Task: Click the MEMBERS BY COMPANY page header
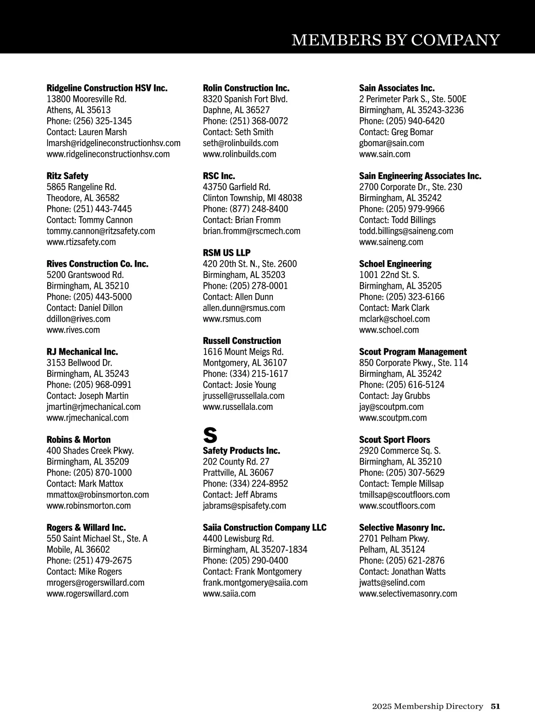395,40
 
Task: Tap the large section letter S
210,434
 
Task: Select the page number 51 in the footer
495,706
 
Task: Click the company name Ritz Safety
67,176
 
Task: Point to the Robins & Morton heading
78,440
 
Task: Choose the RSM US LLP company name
226,253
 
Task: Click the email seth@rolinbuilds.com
240,143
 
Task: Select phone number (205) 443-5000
89,297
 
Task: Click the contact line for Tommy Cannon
90,220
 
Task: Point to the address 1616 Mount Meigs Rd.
243,352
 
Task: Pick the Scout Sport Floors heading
395,440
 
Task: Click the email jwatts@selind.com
392,583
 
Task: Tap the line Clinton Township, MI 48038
252,198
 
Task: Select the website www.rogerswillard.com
87,594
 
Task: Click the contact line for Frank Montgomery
252,572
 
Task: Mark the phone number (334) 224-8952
245,484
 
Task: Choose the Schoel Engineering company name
395,264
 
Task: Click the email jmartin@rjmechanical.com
93,407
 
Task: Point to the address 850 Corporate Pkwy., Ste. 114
413,363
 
